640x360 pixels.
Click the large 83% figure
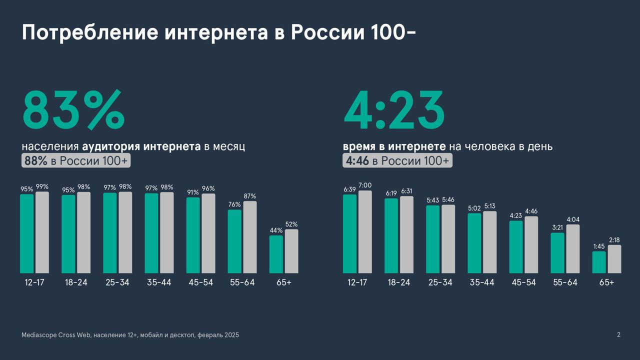pos(73,110)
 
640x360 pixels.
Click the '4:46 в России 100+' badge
pos(397,160)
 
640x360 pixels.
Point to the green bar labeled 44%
pos(276,254)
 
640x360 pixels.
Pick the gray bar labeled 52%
pos(291,251)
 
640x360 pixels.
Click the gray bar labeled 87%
pos(250,237)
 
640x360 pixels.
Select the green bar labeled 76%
pos(234,241)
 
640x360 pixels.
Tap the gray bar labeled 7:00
pos(365,231)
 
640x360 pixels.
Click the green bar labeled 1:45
pos(599,262)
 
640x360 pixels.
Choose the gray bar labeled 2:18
pos(614,259)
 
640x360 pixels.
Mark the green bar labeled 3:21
pos(557,252)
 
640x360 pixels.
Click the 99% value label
pos(42,186)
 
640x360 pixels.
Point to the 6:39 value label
pos(350,189)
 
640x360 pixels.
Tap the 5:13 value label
pos(490,206)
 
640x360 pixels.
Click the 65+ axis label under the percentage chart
pos(283,282)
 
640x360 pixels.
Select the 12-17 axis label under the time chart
pos(357,282)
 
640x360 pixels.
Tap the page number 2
pos(618,334)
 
